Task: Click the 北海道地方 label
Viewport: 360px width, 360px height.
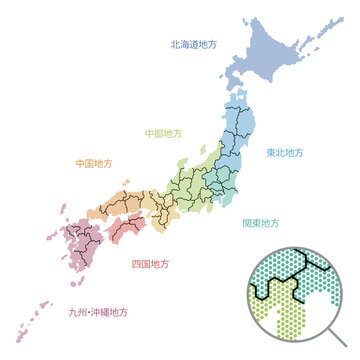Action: pyautogui.click(x=195, y=45)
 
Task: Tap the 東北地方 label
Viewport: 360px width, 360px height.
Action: pyautogui.click(x=285, y=153)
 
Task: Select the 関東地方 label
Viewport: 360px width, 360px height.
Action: pyautogui.click(x=261, y=224)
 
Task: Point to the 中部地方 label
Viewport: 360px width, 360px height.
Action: pyautogui.click(x=164, y=132)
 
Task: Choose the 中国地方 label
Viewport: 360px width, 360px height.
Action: pyautogui.click(x=95, y=162)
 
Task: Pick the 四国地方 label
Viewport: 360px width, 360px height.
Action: pyautogui.click(x=151, y=265)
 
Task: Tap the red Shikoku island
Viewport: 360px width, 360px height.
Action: pyautogui.click(x=125, y=230)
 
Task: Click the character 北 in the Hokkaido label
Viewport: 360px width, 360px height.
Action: pyautogui.click(x=175, y=45)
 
